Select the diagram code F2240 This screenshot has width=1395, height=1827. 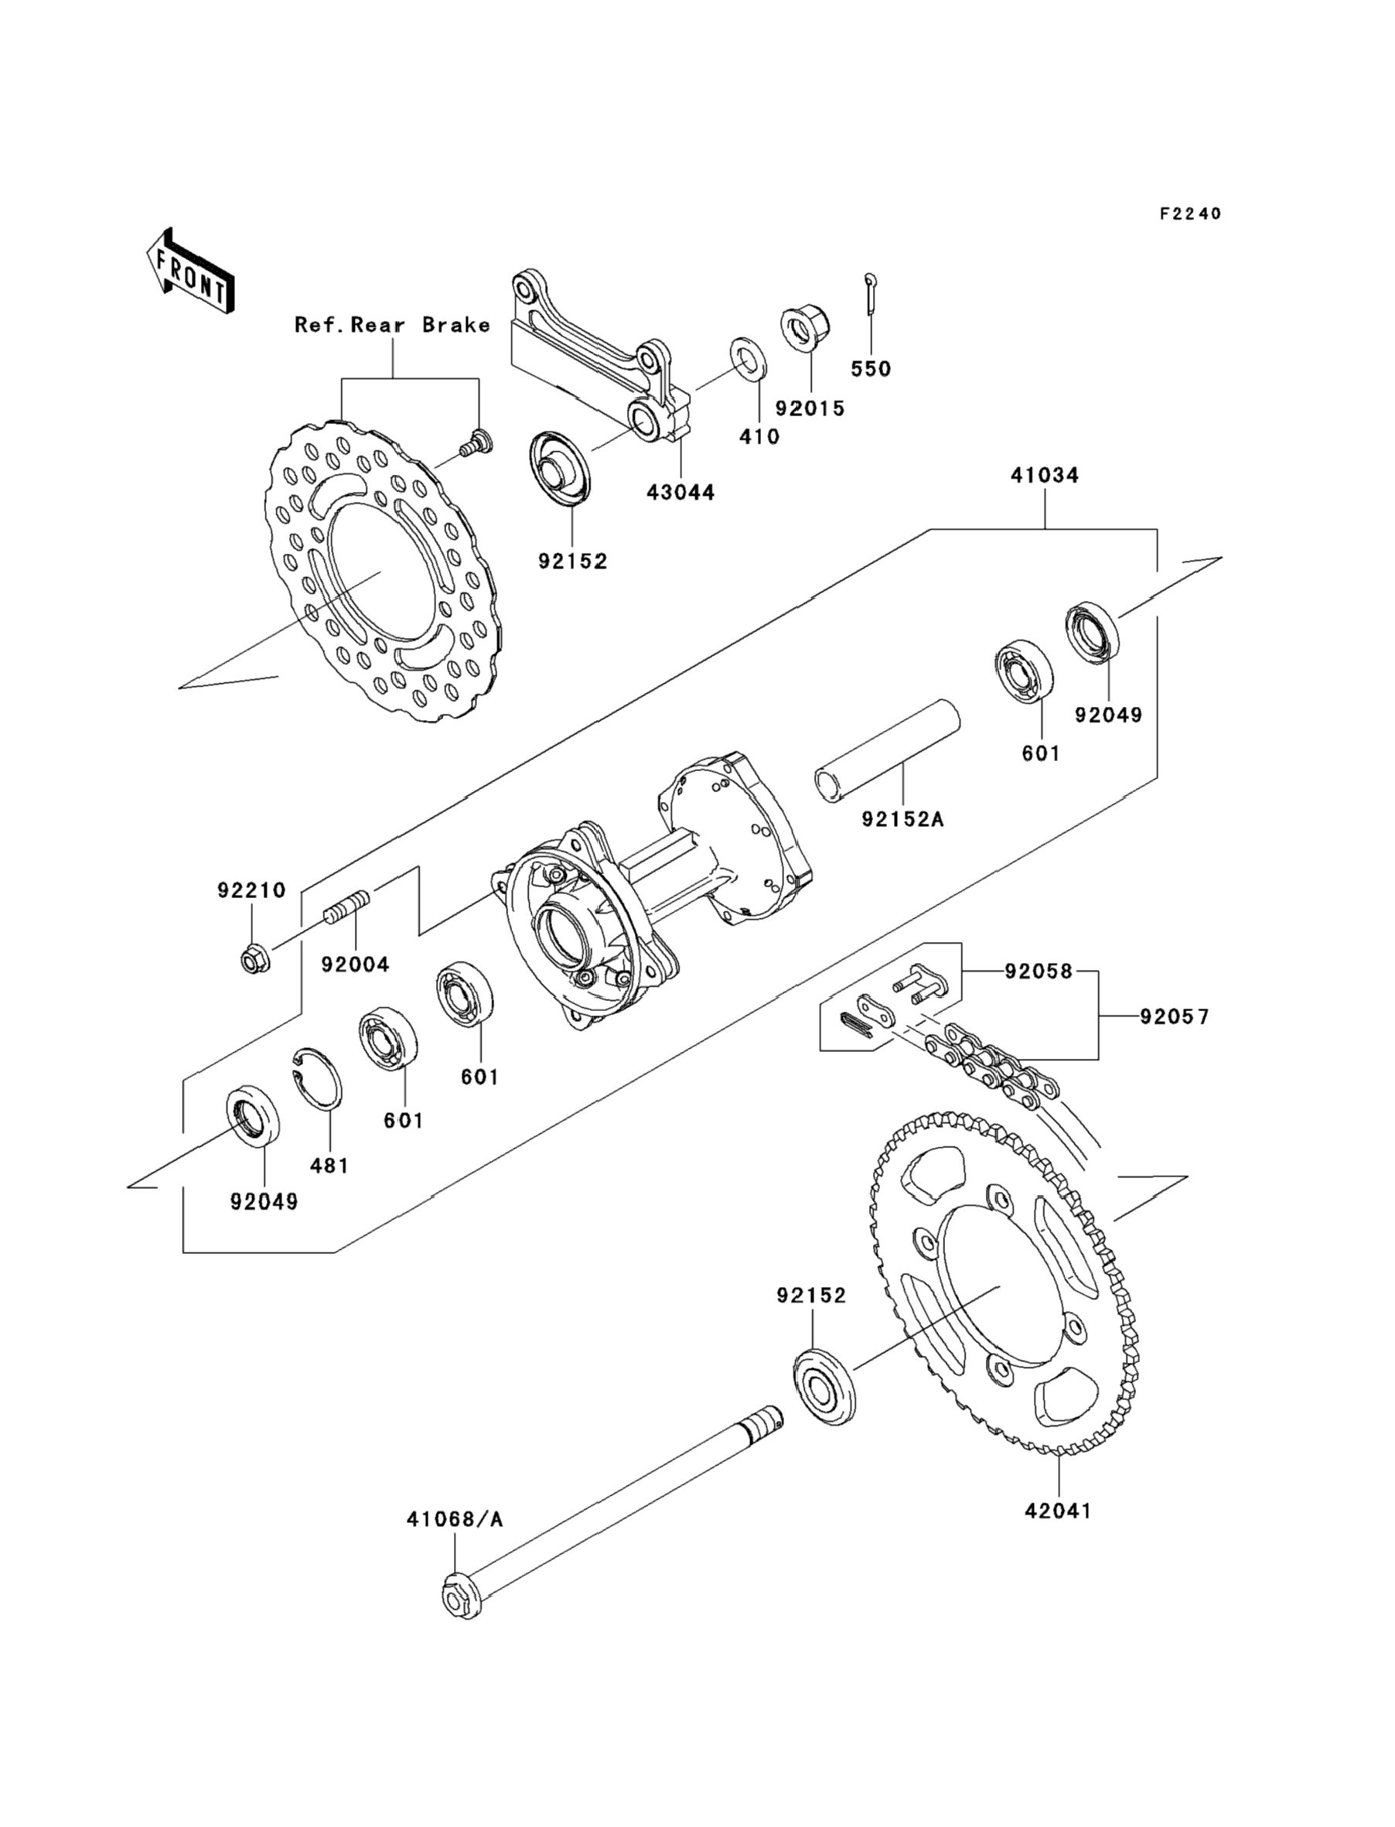(1191, 213)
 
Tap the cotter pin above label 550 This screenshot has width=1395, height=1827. (869, 294)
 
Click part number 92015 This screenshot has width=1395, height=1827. (810, 408)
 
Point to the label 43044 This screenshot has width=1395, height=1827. (681, 492)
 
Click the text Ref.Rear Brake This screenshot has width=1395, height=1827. (392, 325)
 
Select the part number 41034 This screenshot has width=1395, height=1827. (1045, 475)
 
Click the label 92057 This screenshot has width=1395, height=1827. (1174, 1016)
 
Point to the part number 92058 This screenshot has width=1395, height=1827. (1039, 971)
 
